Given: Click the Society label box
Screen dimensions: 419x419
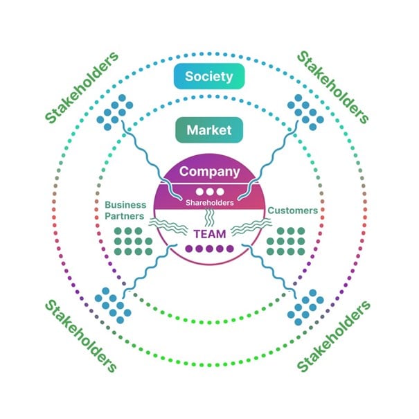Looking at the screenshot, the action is [x=209, y=76].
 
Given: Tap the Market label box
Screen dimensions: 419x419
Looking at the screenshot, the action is [x=209, y=130].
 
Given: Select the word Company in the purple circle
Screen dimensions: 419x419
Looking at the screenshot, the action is [x=209, y=172].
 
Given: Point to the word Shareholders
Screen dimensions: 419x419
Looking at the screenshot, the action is [x=210, y=203].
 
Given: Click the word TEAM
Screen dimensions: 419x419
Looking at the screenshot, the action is [x=210, y=234].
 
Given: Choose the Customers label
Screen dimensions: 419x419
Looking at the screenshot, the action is [x=293, y=211].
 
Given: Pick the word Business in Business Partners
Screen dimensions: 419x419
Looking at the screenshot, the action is [x=125, y=205].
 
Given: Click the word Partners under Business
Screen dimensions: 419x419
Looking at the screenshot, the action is [x=125, y=216].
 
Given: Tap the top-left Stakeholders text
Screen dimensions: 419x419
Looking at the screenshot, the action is [x=82, y=87].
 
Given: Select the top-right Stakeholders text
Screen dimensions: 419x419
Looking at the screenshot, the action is [x=333, y=87].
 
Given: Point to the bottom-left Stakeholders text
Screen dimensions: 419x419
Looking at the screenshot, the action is [x=81, y=336].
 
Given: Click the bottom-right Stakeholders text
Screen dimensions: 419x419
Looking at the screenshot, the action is [x=334, y=337].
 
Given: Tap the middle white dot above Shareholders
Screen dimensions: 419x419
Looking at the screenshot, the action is [x=210, y=192].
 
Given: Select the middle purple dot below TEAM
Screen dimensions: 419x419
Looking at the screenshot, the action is [x=209, y=249].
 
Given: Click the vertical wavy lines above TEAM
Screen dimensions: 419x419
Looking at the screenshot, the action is [x=209, y=217].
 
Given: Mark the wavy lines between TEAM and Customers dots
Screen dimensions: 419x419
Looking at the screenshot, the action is [x=251, y=227].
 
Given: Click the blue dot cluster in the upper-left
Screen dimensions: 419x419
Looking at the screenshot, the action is [x=115, y=112].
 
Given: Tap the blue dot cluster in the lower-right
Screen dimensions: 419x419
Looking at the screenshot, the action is [x=305, y=307].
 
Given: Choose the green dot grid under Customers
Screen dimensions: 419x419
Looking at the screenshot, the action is [x=286, y=241].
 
